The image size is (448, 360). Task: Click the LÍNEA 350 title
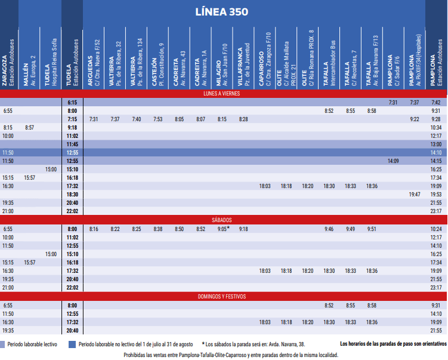tap(222, 12)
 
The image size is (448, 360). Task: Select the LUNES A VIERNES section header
tap(222, 94)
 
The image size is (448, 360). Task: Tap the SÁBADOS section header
tap(222, 220)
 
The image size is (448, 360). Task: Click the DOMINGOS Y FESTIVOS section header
tap(222, 296)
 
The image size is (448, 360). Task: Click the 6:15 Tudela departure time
tap(72, 103)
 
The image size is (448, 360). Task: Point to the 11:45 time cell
tap(72, 144)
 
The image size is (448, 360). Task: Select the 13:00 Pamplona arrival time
tap(435, 144)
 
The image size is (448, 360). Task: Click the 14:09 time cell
tap(393, 161)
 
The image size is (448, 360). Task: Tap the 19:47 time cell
tap(414, 195)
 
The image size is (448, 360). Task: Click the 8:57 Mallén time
tap(29, 128)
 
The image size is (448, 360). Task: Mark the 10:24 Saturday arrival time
tap(435, 229)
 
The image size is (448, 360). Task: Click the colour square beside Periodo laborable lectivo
tap(3, 344)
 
